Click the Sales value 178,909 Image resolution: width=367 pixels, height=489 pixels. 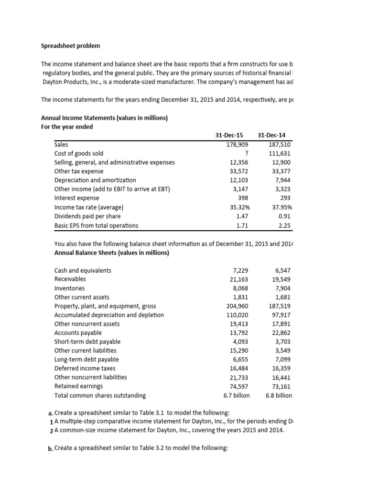pos(237,144)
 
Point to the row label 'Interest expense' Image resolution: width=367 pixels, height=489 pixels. pos(77,198)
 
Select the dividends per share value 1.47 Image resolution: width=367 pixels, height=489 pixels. pos(242,216)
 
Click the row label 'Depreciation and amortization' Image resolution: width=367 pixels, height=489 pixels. pos(95,180)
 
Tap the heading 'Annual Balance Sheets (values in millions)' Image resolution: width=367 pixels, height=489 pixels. pos(112,253)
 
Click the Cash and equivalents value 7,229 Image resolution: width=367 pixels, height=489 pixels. pos(240,271)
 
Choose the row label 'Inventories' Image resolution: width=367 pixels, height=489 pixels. pos(69,288)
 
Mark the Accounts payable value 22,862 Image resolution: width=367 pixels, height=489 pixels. pos(281,333)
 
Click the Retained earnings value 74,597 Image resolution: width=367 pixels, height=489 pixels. pos(238,386)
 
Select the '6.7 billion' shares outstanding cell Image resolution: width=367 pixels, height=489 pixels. pos(237,395)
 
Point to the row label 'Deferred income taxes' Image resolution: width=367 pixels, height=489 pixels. pos(85,369)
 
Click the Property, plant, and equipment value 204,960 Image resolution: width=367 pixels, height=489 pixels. pos(237,306)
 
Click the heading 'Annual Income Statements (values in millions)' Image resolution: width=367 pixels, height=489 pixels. pos(104,117)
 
